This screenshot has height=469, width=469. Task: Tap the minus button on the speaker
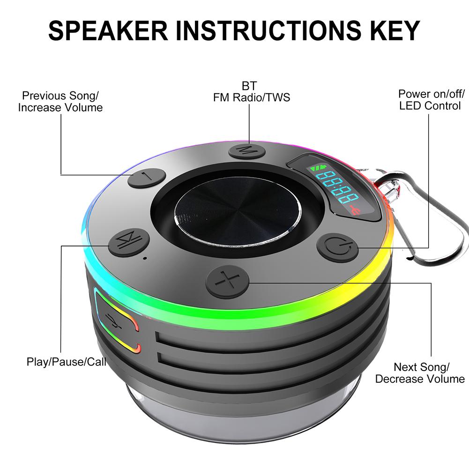click(x=147, y=178)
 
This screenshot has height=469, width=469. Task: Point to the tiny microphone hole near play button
click(x=145, y=258)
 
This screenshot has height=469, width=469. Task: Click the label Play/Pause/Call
click(x=66, y=362)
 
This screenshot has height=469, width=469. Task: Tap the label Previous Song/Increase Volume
click(x=60, y=102)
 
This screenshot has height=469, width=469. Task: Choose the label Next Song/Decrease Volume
click(x=420, y=373)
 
